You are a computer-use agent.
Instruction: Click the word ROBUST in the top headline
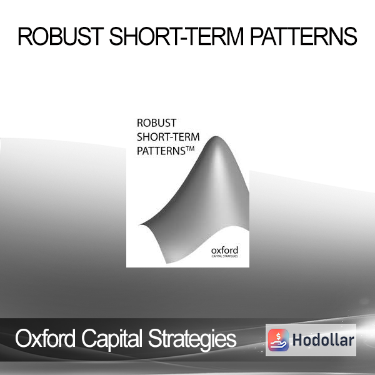tap(61, 36)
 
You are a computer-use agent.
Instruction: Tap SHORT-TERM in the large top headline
tap(176, 36)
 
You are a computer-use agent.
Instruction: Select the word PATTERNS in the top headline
tap(304, 36)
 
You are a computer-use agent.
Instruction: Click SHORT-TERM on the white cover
tap(168, 137)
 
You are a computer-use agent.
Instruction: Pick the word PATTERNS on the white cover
tap(161, 151)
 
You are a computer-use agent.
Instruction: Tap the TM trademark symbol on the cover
tap(190, 149)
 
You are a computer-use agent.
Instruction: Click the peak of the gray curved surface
tap(216, 137)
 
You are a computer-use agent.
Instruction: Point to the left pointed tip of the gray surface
tap(140, 224)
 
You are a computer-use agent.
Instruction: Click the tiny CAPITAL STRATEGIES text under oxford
tap(224, 256)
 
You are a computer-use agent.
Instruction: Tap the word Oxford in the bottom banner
tap(45, 338)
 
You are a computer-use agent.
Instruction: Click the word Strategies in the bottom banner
tap(192, 339)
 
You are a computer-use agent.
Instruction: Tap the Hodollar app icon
tap(278, 340)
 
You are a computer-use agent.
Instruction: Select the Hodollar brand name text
tap(323, 340)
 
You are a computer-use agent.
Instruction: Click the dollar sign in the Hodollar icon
tap(279, 336)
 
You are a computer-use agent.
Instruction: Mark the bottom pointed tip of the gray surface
tap(167, 263)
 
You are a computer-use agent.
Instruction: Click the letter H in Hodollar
tap(297, 340)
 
